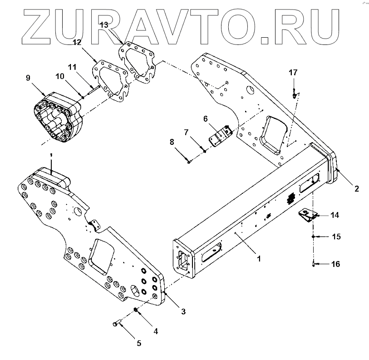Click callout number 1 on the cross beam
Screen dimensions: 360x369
point(258,258)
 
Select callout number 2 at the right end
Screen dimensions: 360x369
point(356,188)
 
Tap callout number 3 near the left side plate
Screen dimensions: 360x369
point(183,311)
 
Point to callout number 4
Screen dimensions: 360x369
point(156,331)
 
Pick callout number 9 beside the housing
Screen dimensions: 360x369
point(28,78)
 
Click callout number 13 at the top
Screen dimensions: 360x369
point(103,25)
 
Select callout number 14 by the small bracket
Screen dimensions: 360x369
point(335,215)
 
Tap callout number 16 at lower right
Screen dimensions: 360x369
point(335,264)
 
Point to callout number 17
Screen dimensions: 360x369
point(293,72)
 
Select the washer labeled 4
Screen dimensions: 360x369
point(135,311)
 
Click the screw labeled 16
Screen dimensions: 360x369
point(313,264)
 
